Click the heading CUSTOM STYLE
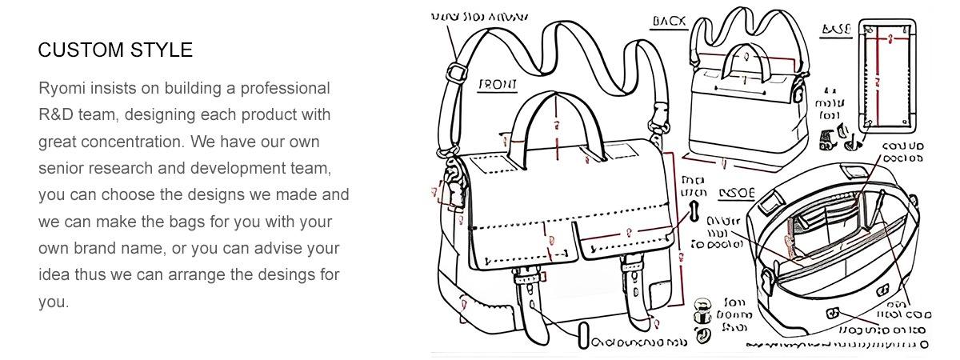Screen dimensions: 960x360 coord(115,50)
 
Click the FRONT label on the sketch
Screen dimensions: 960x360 coord(498,85)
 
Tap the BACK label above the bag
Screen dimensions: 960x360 coord(670,21)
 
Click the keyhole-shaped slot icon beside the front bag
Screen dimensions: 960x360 coord(694,214)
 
